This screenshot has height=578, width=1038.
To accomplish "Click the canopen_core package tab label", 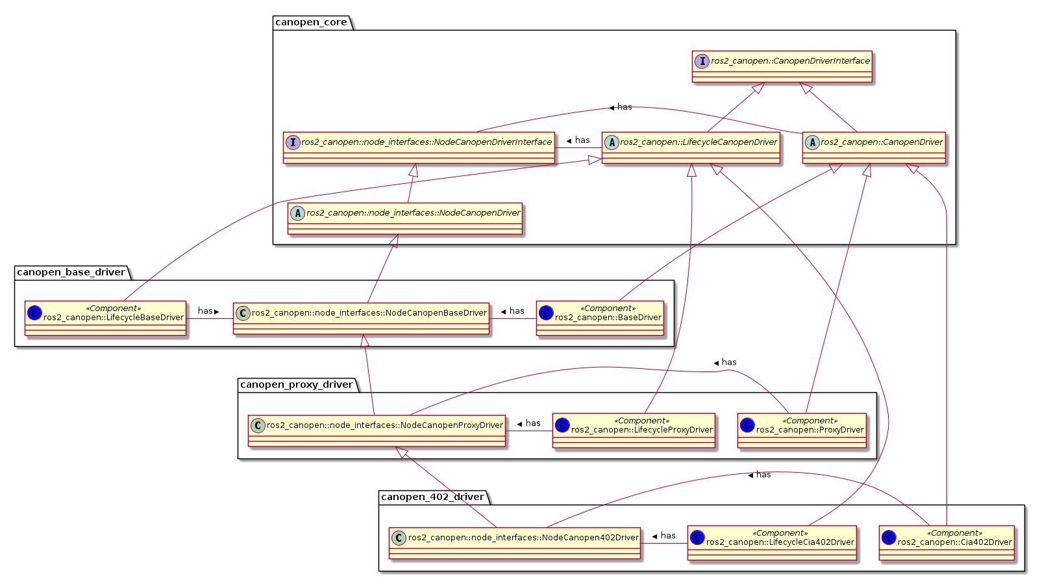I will pyautogui.click(x=312, y=23).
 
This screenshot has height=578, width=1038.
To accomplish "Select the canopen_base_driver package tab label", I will pyautogui.click(x=71, y=273).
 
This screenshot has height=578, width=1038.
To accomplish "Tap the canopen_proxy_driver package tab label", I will pyautogui.click(x=297, y=385).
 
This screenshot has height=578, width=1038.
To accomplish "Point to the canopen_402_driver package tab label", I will pyautogui.click(x=432, y=497).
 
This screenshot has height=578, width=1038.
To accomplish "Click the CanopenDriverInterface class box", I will pyautogui.click(x=782, y=67).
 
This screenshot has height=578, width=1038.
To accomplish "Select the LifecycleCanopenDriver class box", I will pyautogui.click(x=691, y=147).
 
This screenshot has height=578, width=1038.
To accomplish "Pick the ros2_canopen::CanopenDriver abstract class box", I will pyautogui.click(x=874, y=147).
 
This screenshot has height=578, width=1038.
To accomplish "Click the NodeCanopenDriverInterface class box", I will pyautogui.click(x=419, y=147).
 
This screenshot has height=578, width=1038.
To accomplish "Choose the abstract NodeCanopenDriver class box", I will pyautogui.click(x=405, y=218).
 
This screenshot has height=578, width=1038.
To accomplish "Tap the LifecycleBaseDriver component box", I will pyautogui.click(x=106, y=318).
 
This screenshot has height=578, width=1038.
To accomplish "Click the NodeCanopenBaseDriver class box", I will pyautogui.click(x=361, y=318).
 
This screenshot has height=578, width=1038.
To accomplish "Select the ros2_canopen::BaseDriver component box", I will pyautogui.click(x=600, y=318).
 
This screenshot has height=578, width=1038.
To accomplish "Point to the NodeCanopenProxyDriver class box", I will pyautogui.click(x=377, y=431).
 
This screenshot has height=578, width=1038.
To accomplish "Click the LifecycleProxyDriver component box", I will pyautogui.click(x=634, y=431).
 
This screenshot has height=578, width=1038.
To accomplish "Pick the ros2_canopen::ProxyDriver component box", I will pyautogui.click(x=802, y=431).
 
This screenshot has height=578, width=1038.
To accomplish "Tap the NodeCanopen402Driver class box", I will pyautogui.click(x=515, y=543).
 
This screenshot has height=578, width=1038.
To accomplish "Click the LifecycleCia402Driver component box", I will pyautogui.click(x=772, y=543).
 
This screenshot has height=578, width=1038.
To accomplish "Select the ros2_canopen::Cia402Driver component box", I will pyautogui.click(x=946, y=543).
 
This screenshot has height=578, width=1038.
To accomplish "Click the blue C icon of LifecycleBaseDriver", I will pyautogui.click(x=35, y=313).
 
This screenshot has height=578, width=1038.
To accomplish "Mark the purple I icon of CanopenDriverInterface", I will pyautogui.click(x=702, y=61).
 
